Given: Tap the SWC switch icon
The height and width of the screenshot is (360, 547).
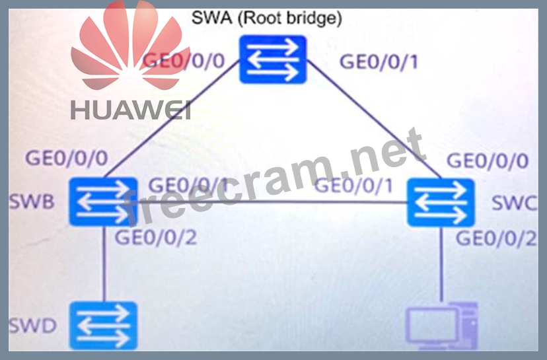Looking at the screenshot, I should [441, 202].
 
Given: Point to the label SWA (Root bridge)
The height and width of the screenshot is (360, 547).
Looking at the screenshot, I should [267, 18].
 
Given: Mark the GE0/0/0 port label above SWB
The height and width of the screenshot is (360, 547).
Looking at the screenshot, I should [67, 159].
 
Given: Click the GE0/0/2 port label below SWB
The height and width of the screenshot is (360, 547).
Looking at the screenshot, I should [156, 238].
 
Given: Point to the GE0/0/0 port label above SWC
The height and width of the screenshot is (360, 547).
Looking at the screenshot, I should [488, 161].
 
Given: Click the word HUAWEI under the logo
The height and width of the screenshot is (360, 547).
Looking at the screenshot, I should [130, 110].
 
